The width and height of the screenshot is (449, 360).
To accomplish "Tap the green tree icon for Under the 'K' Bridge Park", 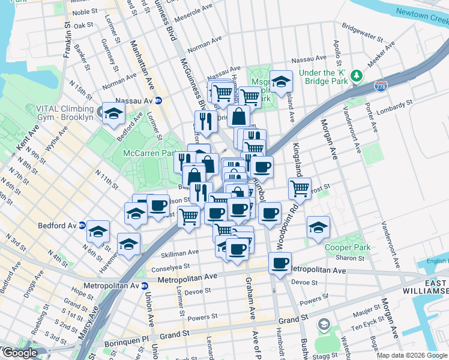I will (x=357, y=75).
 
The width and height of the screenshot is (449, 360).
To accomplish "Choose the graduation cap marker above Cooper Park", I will (x=318, y=227).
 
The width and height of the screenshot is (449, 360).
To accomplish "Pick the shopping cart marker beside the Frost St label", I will (x=300, y=188).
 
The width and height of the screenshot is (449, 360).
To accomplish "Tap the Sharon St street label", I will (x=346, y=257).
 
